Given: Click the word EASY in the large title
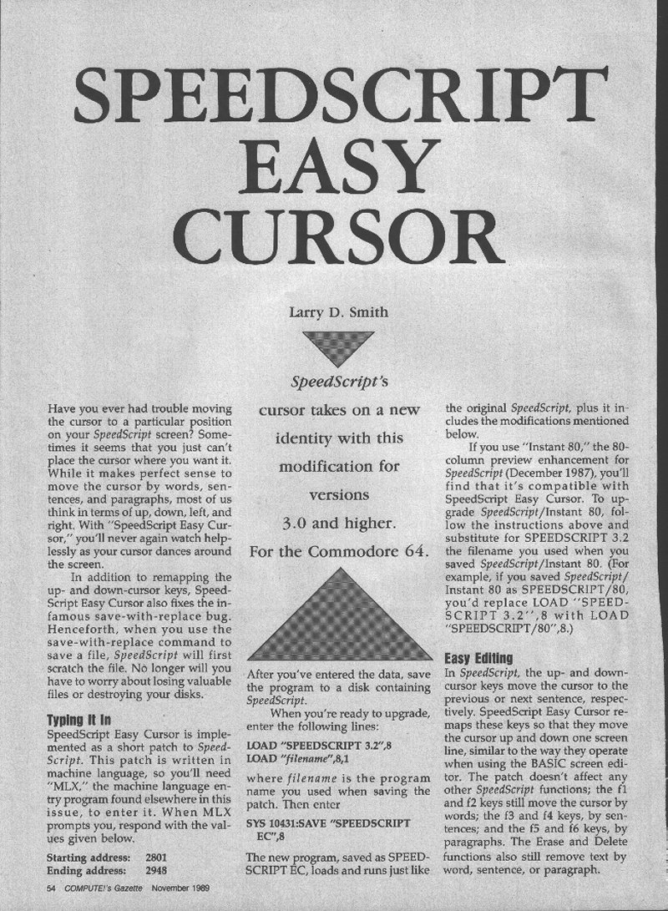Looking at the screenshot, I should tap(334, 166).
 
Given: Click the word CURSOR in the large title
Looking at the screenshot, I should tap(334, 235).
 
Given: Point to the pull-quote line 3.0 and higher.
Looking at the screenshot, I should tap(334, 524).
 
